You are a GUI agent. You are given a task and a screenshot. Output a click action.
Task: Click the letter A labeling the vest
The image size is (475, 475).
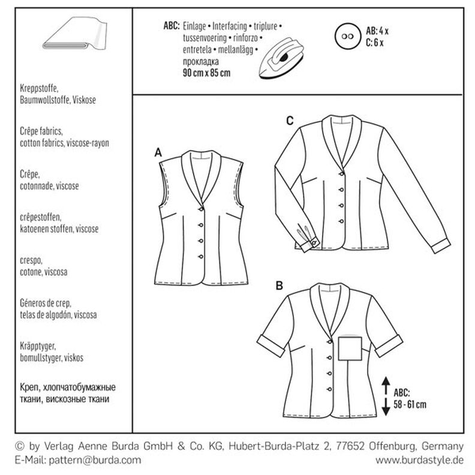coord(159,154)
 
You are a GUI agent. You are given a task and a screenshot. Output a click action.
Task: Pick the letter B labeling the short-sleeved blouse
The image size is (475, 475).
coord(278,286)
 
